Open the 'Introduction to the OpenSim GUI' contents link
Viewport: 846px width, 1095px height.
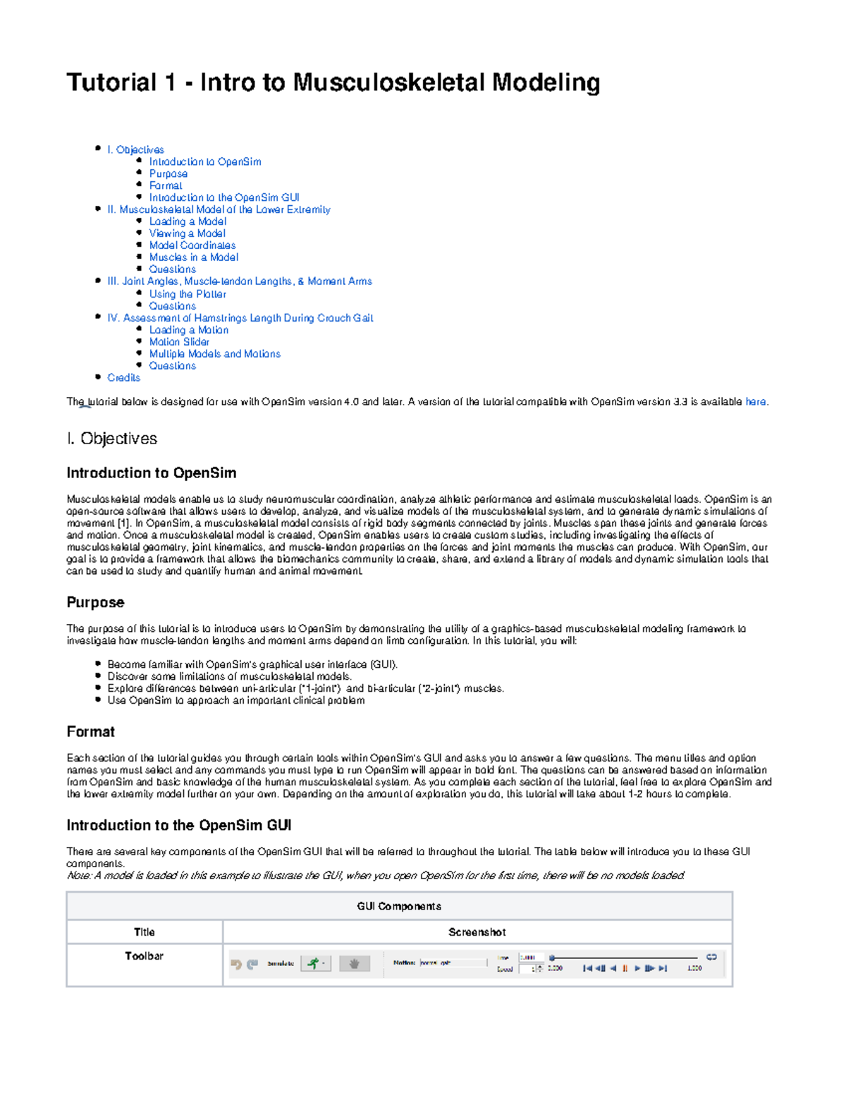coord(223,197)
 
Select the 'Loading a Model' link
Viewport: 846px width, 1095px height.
coord(188,221)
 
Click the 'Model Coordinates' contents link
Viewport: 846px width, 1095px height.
coord(192,245)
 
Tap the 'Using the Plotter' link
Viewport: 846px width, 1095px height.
coord(188,294)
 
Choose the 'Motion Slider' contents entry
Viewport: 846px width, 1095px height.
coord(179,342)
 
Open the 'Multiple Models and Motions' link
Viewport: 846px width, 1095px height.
coord(214,354)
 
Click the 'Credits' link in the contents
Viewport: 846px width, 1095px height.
coord(123,378)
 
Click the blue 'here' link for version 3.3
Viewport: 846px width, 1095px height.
coord(755,402)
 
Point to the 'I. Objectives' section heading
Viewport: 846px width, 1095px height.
coord(111,439)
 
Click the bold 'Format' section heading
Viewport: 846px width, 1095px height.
coord(90,732)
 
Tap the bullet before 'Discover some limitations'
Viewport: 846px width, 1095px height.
coord(97,676)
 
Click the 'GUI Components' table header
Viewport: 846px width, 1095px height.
coord(399,906)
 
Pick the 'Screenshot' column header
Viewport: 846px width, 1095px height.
coord(477,932)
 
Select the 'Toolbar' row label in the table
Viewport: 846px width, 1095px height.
coord(144,956)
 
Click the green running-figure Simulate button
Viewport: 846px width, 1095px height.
coord(314,963)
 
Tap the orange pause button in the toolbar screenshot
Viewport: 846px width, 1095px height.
coord(625,968)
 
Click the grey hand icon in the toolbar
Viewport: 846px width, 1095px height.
coord(354,963)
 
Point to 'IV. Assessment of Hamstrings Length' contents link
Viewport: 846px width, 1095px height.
coord(240,318)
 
